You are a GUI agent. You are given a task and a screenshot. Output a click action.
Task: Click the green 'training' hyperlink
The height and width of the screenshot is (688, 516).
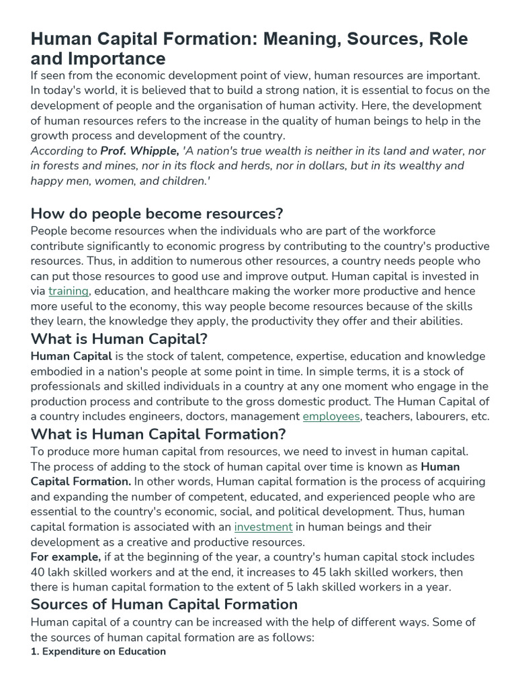(x=69, y=291)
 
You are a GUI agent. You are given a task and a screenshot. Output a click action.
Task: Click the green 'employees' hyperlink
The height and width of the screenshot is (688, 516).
(x=331, y=417)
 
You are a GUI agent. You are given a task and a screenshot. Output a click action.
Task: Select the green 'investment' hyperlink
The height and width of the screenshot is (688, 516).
(x=263, y=527)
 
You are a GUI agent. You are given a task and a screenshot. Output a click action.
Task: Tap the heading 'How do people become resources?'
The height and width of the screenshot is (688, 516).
(x=157, y=214)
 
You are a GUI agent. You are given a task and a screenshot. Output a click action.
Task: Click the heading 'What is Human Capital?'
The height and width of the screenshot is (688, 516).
(x=119, y=339)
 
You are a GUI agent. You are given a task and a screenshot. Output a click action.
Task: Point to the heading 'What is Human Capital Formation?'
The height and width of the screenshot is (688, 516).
(x=159, y=434)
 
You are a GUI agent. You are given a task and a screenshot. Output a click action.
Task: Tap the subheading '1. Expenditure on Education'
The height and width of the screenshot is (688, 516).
(x=98, y=652)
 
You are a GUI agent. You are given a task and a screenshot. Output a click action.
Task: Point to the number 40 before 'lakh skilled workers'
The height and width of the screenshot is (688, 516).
(x=38, y=572)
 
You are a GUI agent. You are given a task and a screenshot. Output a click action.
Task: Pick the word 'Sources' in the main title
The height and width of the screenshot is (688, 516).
(x=376, y=38)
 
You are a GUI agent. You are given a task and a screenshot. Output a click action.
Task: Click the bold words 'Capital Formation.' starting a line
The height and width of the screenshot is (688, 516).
(x=81, y=481)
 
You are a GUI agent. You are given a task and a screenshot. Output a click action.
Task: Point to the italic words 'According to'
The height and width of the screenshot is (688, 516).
(x=63, y=151)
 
